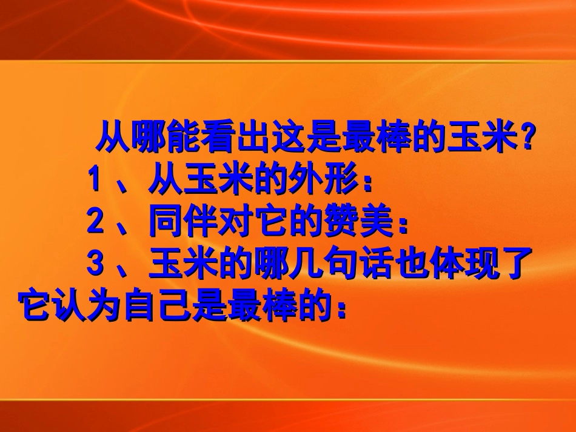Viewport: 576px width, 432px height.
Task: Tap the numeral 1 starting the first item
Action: pyautogui.click(x=94, y=180)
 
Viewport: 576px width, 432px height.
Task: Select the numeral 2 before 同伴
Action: pyautogui.click(x=94, y=222)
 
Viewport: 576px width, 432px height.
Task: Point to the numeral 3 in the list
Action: pyautogui.click(x=94, y=265)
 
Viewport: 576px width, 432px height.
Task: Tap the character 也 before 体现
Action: pyautogui.click(x=405, y=265)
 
